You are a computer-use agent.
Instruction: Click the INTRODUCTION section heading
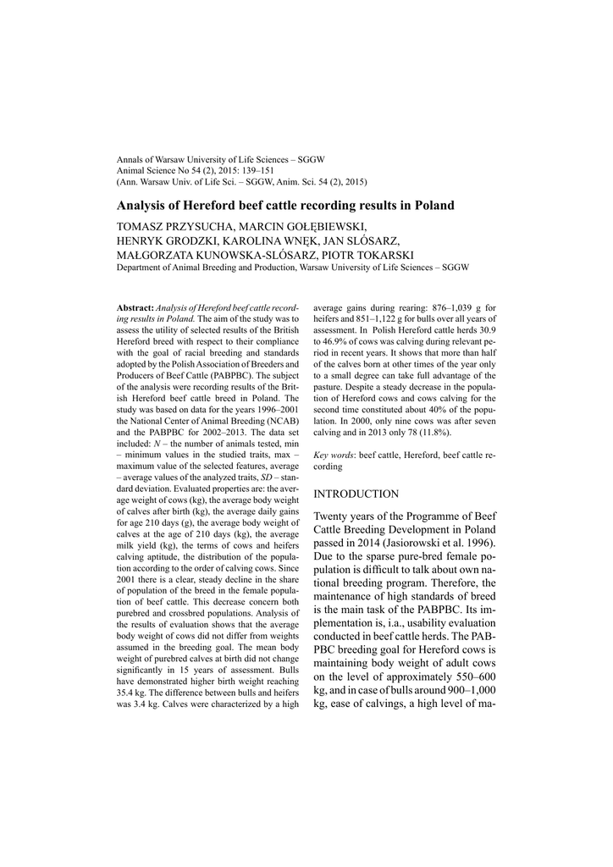pos(356,494)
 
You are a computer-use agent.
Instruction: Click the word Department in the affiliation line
pos(142,268)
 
